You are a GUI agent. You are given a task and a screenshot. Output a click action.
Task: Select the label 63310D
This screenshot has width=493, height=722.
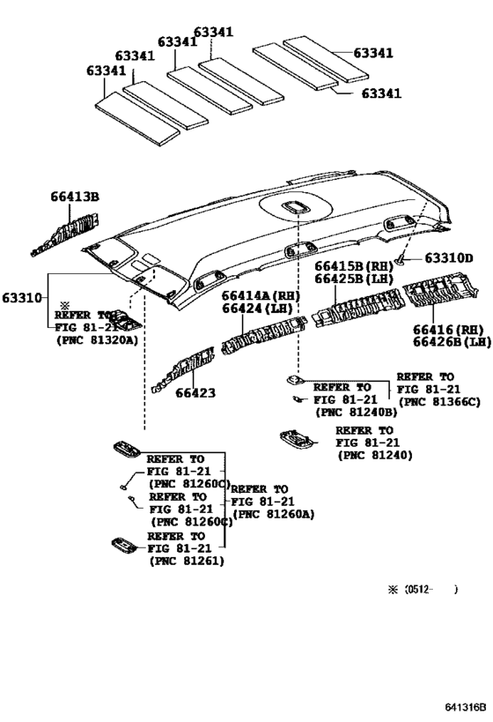pyautogui.click(x=449, y=258)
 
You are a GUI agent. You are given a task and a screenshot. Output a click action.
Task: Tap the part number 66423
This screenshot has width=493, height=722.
pyautogui.click(x=195, y=393)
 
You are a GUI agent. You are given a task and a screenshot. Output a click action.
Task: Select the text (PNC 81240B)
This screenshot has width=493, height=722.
pyautogui.click(x=354, y=411)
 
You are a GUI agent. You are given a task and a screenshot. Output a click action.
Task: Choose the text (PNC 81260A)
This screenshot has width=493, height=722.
pyautogui.click(x=273, y=514)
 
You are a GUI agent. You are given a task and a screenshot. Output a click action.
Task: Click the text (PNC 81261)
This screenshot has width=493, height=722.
pyautogui.click(x=186, y=561)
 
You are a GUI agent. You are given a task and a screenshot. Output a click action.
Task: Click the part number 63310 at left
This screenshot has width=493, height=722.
pyautogui.click(x=23, y=298)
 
